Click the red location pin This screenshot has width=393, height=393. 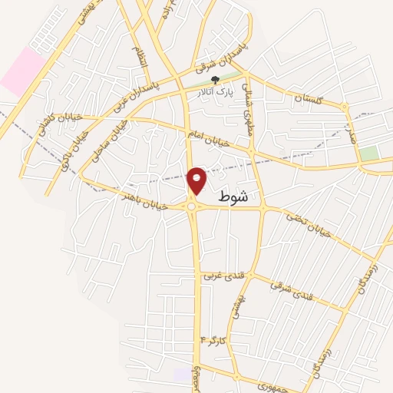[197, 180]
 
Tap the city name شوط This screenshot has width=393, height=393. [233, 196]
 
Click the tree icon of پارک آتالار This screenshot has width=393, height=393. [215, 79]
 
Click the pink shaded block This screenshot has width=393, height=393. [22, 70]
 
